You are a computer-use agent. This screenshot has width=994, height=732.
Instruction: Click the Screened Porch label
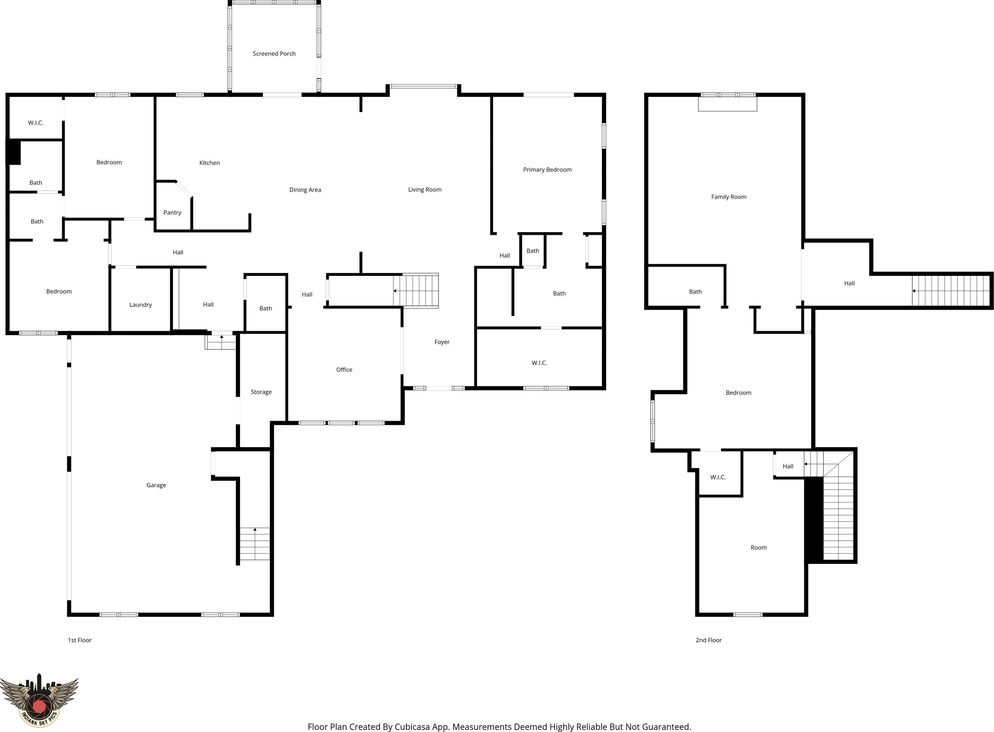click(x=274, y=54)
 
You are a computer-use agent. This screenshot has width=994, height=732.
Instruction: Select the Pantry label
click(x=173, y=213)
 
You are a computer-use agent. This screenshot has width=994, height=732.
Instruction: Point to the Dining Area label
click(x=305, y=190)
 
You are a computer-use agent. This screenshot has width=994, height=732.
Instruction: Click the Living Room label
click(x=425, y=190)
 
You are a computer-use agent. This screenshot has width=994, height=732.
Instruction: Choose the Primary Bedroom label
click(x=547, y=170)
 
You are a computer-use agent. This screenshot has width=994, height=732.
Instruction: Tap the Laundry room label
click(x=140, y=305)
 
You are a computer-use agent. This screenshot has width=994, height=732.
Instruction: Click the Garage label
click(x=156, y=485)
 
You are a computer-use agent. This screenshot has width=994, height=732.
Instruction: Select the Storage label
click(x=261, y=392)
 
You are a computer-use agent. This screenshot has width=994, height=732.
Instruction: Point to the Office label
click(x=344, y=370)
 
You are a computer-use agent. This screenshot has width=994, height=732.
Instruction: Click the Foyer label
click(x=442, y=342)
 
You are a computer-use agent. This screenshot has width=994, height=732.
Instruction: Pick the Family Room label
click(x=729, y=197)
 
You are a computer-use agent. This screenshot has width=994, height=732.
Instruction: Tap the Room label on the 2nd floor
click(x=759, y=547)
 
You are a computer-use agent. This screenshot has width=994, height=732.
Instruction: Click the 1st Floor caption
click(x=80, y=640)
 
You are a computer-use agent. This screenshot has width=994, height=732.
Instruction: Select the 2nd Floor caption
click(x=709, y=640)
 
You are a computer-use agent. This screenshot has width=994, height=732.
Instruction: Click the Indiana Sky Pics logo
click(x=39, y=700)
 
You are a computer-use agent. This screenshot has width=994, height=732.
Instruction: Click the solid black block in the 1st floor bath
click(x=13, y=152)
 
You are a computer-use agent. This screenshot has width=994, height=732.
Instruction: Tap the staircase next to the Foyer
click(x=416, y=291)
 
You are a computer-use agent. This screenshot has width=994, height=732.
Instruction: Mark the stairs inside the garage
click(x=255, y=544)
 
